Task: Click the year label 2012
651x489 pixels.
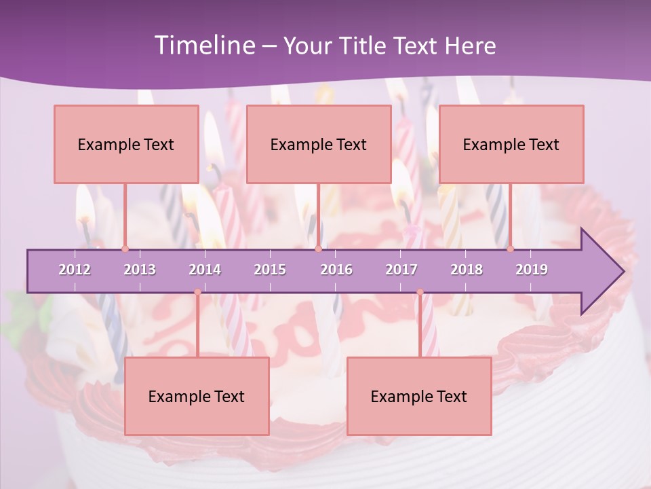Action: click(x=75, y=270)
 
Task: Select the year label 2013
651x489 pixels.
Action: click(x=140, y=270)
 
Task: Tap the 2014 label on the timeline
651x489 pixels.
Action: click(x=205, y=270)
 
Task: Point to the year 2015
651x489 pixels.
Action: click(x=270, y=270)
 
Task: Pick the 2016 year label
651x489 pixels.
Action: click(x=336, y=270)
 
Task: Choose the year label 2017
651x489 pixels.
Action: click(x=401, y=270)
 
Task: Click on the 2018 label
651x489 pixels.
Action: click(x=467, y=270)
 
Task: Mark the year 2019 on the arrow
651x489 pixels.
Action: click(x=532, y=270)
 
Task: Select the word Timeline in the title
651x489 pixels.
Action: click(x=203, y=46)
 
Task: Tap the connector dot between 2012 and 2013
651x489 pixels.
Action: click(x=125, y=249)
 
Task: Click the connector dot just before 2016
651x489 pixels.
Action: click(x=318, y=249)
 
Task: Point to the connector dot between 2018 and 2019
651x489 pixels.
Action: click(x=510, y=249)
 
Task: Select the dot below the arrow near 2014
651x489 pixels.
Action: click(x=197, y=292)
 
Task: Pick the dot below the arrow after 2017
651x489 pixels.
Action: click(x=420, y=292)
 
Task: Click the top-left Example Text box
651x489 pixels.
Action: click(x=126, y=145)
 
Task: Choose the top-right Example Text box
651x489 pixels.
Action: click(x=511, y=145)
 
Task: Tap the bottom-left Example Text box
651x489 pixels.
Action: click(x=197, y=397)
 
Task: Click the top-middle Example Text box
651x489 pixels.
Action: click(x=319, y=145)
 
